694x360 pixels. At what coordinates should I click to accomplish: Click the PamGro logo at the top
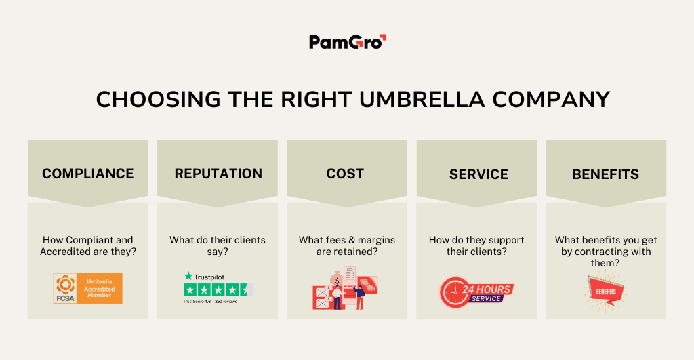click(347, 42)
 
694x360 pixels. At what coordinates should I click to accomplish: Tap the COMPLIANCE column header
click(87, 174)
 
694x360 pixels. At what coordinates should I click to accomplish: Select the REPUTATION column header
click(218, 174)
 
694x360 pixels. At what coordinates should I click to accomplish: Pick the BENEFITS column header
click(605, 174)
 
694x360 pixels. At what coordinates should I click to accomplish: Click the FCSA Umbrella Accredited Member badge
click(88, 288)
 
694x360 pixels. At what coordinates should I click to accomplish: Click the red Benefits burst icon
click(605, 289)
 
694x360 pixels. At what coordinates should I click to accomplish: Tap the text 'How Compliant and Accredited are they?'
click(88, 245)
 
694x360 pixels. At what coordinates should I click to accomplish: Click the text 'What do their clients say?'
click(218, 245)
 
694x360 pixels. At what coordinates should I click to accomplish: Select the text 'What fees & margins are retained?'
click(347, 245)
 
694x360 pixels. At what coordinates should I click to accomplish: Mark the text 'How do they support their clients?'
click(476, 245)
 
